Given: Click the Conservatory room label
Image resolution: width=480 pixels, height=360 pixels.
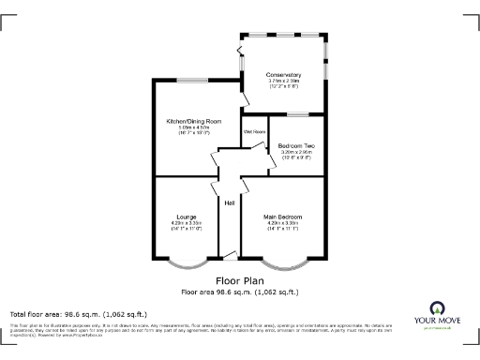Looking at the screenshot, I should click(283, 74).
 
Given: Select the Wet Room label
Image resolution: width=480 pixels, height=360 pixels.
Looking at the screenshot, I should click(255, 132).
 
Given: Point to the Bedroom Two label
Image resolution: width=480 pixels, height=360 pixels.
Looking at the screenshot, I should click(296, 144).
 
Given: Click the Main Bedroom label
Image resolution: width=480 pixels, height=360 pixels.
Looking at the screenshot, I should click(282, 217).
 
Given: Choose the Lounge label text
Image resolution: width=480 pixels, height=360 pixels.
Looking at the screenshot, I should click(187, 217).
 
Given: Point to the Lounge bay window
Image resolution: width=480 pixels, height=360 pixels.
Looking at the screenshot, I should click(186, 263).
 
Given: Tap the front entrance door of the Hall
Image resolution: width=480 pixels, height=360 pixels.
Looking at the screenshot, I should click(229, 254).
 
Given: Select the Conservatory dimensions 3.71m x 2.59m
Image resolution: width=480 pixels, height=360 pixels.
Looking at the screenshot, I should click(283, 82).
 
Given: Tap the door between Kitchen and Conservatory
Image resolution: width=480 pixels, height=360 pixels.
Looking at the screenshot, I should click(245, 94).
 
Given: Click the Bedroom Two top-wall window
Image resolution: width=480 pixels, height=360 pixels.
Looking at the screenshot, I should click(299, 114).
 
